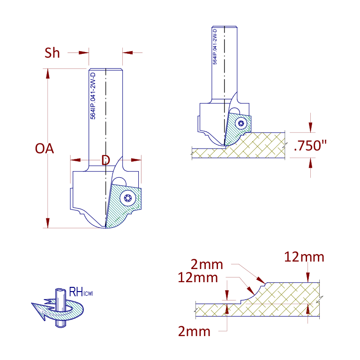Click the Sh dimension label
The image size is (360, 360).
52,53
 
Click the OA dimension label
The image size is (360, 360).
45,149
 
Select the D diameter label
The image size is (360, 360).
105,160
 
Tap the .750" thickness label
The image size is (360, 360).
310,145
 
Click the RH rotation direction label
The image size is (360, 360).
81,292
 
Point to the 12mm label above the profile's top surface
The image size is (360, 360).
304,257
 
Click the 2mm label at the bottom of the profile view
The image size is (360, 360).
194,331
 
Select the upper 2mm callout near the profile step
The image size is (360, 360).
207,264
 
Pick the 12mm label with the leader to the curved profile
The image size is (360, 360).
198,277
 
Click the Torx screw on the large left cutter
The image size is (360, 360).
127,198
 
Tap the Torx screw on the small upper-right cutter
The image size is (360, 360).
241,124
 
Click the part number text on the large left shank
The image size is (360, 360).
93,96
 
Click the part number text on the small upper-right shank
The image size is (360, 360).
215,46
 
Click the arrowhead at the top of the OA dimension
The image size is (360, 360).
48,74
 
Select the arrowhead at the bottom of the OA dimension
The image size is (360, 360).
48,223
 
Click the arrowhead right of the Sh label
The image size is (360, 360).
83,52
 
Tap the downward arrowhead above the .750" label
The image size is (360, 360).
310,127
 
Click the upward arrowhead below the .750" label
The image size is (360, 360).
310,163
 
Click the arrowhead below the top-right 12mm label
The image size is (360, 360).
308,277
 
